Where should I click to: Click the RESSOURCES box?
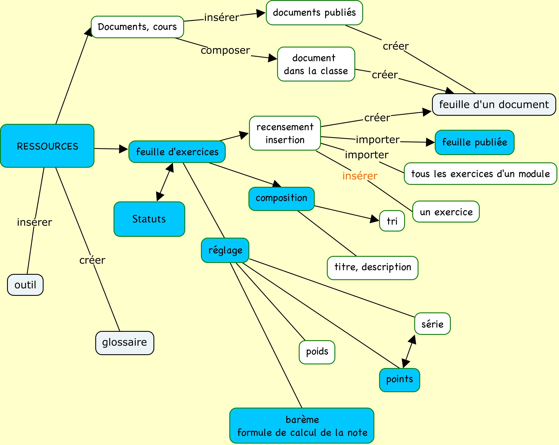coord(47,146)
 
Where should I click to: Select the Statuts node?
coord(149,219)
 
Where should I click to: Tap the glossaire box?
coord(125,343)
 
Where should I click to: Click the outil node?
coord(25,285)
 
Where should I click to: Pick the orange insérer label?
coord(360,176)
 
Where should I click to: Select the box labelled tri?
coord(392,221)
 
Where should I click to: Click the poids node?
coord(317,352)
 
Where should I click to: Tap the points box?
coord(399,380)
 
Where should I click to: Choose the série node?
coord(432,324)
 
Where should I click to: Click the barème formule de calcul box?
coord(302,426)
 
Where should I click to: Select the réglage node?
coord(225,250)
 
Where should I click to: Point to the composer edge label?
coord(225,50)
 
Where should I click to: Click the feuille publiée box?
coord(474,142)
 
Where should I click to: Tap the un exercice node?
coord(446,212)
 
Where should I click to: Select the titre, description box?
coord(372,267)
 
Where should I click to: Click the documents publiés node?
coord(314,13)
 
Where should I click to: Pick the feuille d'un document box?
coord(494,105)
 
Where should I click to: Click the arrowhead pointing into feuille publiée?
coord(430,142)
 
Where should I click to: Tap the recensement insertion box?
coord(285,133)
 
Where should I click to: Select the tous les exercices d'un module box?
coord(480,174)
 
